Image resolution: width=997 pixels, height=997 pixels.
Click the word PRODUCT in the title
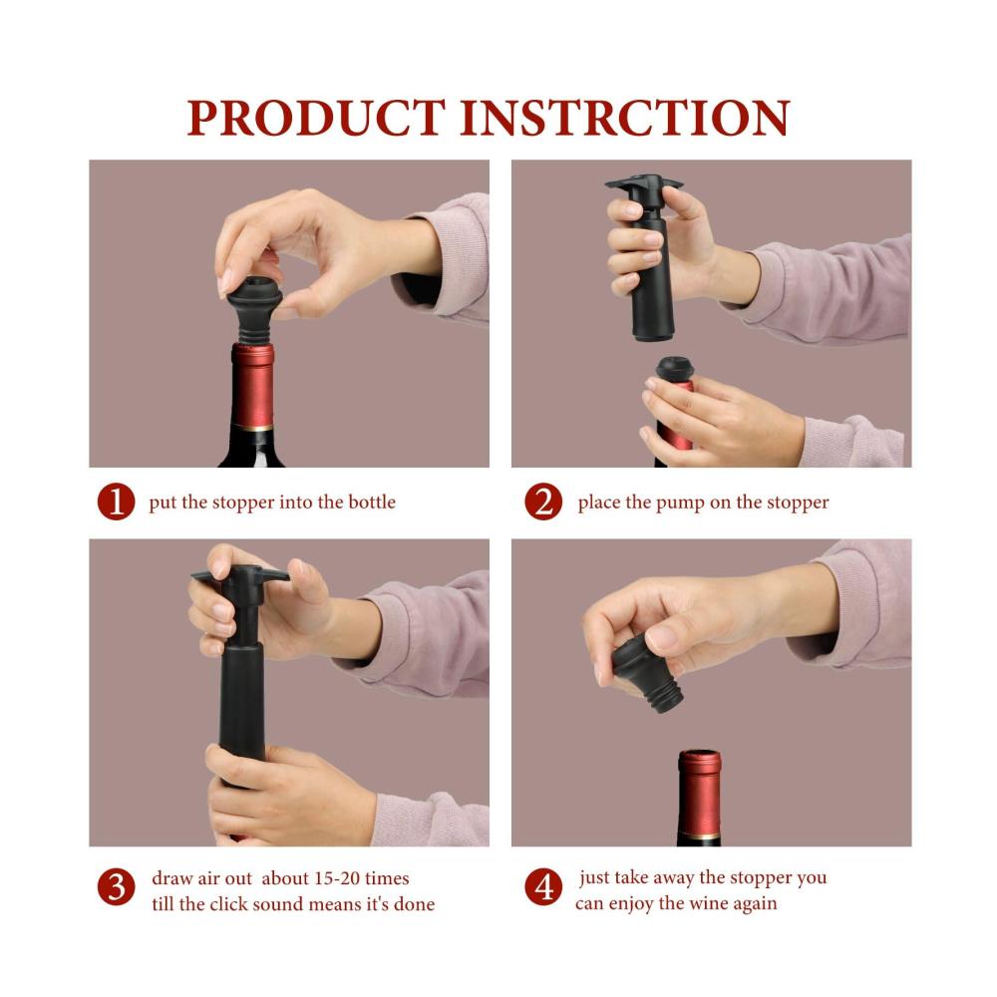click(x=316, y=118)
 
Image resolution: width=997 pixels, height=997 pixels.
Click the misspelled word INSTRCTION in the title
click(x=624, y=118)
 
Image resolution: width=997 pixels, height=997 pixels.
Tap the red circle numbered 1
click(x=116, y=501)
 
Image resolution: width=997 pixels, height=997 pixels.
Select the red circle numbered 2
click(x=543, y=501)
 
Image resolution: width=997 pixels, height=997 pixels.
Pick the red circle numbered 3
click(x=116, y=887)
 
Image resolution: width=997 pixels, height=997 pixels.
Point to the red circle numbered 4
click(x=543, y=887)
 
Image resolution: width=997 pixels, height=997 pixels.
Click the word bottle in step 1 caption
click(x=372, y=501)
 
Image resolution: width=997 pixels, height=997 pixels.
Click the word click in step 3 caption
click(x=228, y=903)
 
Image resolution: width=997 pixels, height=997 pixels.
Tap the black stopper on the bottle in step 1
click(x=254, y=309)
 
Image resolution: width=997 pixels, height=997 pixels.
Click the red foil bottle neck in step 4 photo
click(x=700, y=793)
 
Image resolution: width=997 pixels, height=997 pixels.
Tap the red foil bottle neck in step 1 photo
click(x=252, y=386)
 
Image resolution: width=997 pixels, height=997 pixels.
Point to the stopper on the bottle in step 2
click(x=675, y=369)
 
